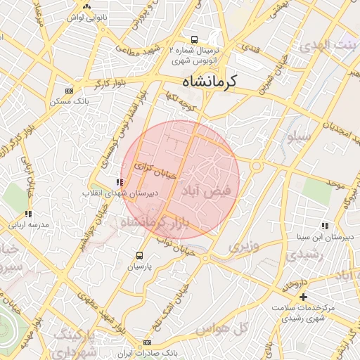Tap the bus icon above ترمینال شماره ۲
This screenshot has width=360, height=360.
pos(194,39)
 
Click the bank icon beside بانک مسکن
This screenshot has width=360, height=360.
pos(69,91)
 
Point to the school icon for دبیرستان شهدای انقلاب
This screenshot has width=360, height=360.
pos(117,183)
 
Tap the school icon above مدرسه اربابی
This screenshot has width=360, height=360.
pos(27,214)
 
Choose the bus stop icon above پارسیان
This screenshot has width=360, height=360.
pos(139,256)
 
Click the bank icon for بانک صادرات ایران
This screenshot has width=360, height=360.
pos(147,342)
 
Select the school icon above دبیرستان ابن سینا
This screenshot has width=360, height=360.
pos(325,226)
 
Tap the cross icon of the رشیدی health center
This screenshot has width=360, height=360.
pos(303,297)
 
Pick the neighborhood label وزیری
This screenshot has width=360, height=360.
pos(243,247)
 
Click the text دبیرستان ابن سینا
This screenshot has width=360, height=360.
pos(329,237)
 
